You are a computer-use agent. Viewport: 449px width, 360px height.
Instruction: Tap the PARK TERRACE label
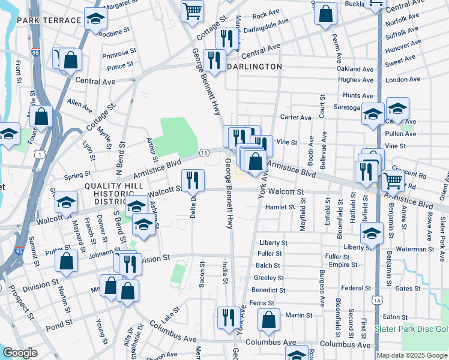[x=49, y=20]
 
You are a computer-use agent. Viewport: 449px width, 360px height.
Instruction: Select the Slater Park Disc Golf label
[x=411, y=329]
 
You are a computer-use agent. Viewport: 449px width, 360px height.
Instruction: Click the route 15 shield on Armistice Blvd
[x=204, y=154]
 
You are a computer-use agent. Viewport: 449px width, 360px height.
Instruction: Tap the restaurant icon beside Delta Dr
[x=193, y=179]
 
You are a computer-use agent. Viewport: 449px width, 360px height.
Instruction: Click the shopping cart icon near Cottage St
[x=192, y=10]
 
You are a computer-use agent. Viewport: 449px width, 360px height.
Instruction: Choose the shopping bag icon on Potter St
[x=67, y=260]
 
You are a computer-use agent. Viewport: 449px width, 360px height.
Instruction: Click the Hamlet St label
[x=281, y=207]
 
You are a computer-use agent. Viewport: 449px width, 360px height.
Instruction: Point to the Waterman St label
[x=415, y=248]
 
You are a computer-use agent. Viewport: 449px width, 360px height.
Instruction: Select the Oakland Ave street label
[x=356, y=68]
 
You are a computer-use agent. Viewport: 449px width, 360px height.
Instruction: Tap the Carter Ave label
[x=297, y=118]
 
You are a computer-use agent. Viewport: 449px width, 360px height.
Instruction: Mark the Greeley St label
[x=269, y=278]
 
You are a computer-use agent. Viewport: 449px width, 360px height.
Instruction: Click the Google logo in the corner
[x=20, y=353]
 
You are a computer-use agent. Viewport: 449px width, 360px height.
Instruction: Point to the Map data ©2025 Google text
[x=412, y=355]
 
